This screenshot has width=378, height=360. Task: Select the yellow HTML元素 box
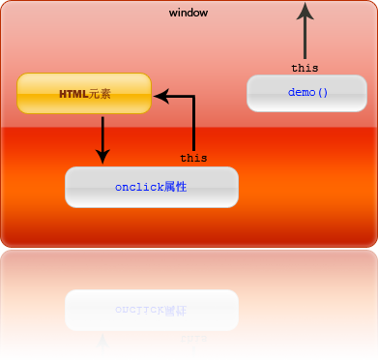84,94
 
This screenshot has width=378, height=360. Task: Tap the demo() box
307,93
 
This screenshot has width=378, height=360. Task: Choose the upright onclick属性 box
151,187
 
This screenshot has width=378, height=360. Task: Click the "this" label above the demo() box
305,68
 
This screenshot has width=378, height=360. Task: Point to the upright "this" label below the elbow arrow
193,158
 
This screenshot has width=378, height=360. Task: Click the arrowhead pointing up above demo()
305,12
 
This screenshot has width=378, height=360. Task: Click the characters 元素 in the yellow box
100,94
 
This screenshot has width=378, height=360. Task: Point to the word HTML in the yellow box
73,94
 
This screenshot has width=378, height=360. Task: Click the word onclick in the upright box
138,187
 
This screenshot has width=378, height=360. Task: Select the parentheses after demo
323,93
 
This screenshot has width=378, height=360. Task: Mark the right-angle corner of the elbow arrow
193,96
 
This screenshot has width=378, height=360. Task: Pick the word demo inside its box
301,93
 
